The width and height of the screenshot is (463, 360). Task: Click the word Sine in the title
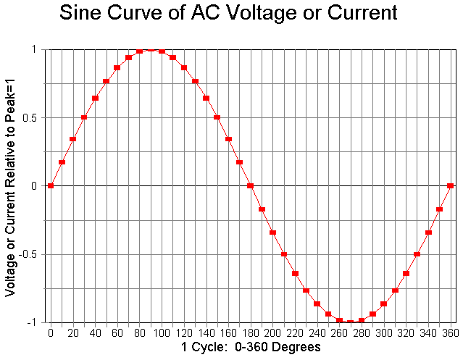tap(83, 12)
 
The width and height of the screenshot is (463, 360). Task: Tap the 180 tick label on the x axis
tap(250, 332)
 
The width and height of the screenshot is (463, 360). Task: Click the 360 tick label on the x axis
tap(450, 332)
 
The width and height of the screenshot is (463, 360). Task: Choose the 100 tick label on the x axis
tap(162, 332)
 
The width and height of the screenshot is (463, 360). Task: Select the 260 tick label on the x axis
tap(339, 332)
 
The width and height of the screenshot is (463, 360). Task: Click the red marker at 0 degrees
tap(51, 185)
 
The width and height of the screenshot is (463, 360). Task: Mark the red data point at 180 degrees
tap(250, 185)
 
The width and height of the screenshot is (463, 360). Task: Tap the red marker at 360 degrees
tap(450, 185)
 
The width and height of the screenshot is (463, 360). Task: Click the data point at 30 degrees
tap(84, 117)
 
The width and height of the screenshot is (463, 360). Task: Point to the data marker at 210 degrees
tap(283, 254)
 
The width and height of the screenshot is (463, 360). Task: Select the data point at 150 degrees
tap(217, 117)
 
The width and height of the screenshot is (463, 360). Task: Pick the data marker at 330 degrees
tap(417, 254)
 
